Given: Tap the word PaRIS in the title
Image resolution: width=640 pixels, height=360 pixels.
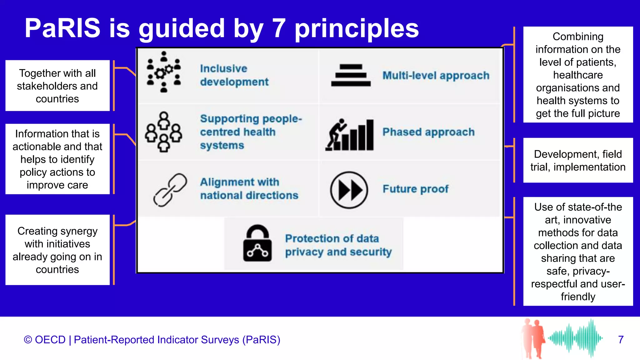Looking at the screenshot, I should [62, 28].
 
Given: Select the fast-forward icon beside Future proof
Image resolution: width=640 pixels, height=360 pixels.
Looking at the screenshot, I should [349, 190].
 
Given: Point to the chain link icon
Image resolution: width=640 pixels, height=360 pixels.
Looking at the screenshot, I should [170, 190].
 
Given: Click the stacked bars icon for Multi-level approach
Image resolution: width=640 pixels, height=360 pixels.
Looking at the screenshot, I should [351, 75].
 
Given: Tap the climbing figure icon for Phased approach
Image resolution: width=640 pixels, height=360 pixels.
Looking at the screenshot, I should [349, 134].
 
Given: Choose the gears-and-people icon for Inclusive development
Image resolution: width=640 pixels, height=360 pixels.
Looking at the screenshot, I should [164, 72].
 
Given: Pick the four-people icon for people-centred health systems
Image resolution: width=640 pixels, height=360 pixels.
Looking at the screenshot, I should [163, 132].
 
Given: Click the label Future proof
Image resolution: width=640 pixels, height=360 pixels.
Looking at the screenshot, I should [416, 189].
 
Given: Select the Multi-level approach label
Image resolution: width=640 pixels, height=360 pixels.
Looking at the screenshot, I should [436, 76].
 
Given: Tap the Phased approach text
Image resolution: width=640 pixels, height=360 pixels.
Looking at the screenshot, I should [428, 132].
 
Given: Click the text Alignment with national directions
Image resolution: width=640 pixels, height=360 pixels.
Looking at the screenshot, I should [249, 189].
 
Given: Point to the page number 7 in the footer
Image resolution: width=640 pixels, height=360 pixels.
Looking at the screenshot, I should [621, 340].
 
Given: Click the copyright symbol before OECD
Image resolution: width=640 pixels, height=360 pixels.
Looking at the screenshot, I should [28, 340].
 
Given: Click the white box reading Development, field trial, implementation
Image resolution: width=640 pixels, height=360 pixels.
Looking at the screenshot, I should [578, 160].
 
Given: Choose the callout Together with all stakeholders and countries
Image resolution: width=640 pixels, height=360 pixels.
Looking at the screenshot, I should [57, 86].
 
